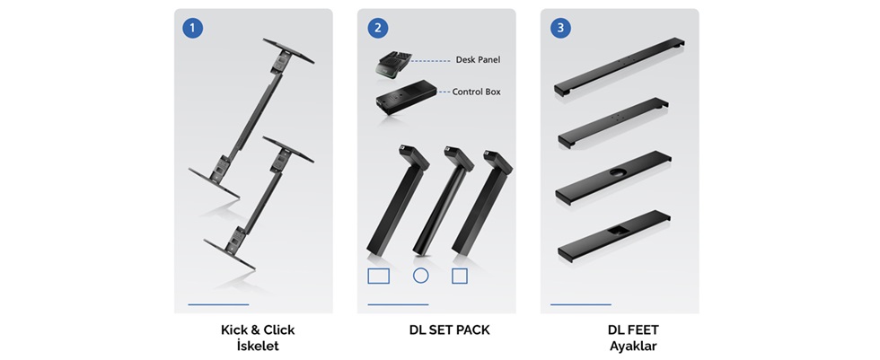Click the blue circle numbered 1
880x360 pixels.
pos(192,28)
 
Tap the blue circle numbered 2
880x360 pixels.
pos(378,28)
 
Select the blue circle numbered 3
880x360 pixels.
pos(560,28)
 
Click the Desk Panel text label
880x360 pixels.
pos(478,59)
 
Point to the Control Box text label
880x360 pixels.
pos(477,92)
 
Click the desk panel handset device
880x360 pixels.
pos(393,65)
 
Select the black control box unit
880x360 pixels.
pos(406,97)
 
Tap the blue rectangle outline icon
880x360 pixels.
pos(378,276)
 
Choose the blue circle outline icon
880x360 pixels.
pos(420,276)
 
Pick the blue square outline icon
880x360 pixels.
pos(460,276)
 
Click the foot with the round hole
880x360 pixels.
pos(613,177)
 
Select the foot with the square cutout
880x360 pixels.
pos(614,237)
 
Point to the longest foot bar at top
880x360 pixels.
pos(619,66)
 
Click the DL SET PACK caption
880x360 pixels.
pos(450,330)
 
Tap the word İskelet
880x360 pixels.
pos(258,346)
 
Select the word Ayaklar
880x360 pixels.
pos(634,346)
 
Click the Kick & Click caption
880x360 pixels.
pos(258,329)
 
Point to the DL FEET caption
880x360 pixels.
pos(634,329)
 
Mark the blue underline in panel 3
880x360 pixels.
pos(581,304)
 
